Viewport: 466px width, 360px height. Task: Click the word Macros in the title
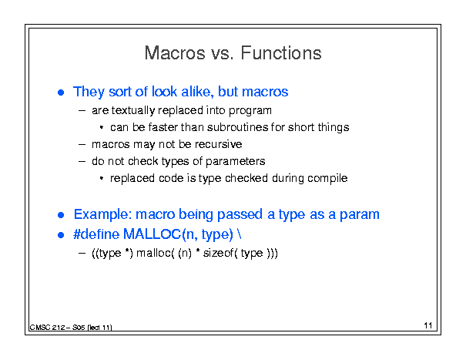coord(175,53)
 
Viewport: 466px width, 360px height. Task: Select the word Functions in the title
coord(281,53)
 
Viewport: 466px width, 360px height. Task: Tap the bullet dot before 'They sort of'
coord(61,93)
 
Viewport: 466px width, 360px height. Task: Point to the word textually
coord(133,111)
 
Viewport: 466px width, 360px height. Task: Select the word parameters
coord(235,162)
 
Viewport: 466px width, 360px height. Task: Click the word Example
coord(102,214)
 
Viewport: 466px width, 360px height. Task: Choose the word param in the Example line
coord(359,215)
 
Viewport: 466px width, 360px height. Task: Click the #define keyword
coord(96,234)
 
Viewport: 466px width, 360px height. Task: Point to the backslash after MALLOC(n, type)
coord(240,234)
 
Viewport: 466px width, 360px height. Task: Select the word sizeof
coord(218,253)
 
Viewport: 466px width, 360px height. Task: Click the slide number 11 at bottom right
coord(428,325)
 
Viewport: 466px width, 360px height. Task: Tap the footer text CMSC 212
coord(47,328)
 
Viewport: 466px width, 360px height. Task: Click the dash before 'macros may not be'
coord(82,145)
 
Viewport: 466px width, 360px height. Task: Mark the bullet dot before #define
coord(61,235)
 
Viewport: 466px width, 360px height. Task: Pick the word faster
coord(163,127)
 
